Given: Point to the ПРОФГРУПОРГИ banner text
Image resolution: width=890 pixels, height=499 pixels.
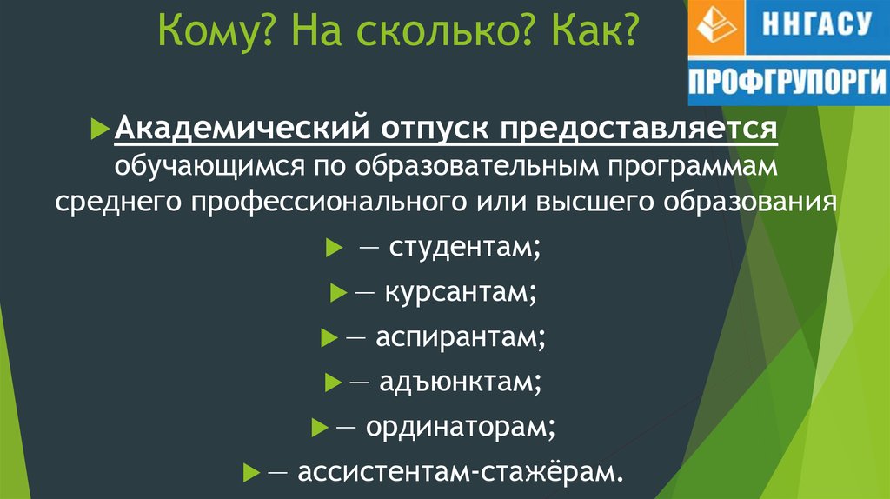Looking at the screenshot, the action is click(787, 81).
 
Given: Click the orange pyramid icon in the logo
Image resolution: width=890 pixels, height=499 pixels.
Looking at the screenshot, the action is click(716, 25).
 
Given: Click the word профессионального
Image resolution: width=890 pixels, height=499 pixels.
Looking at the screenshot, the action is click(329, 203).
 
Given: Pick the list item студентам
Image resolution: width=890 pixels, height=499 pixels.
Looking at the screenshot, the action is click(465, 247).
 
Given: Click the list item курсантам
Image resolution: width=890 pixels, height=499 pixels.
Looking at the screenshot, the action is click(461, 293).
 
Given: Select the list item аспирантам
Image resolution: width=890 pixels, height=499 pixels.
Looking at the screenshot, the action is click(461, 337).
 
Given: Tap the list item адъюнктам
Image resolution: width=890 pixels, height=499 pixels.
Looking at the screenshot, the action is click(461, 382).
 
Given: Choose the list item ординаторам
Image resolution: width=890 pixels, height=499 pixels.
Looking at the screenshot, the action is click(461, 427).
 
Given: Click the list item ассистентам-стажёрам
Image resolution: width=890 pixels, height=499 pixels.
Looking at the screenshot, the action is click(461, 471).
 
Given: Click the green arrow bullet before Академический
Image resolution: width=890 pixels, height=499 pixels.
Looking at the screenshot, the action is click(100, 129).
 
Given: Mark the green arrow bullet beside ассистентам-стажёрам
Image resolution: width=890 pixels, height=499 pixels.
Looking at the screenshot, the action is click(251, 472).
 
